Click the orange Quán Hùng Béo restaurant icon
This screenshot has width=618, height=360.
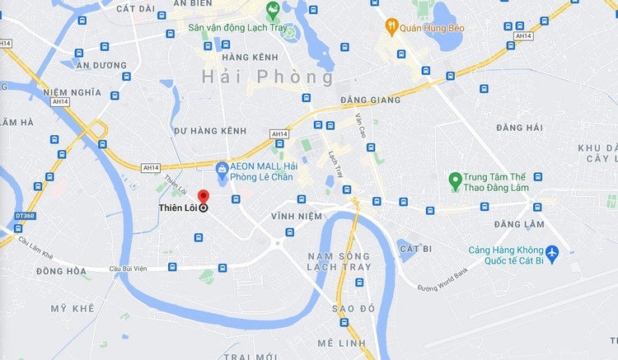coord(392,28)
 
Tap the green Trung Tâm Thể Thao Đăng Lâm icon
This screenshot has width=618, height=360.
coord(454,178)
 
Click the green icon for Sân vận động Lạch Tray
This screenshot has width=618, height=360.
coord(273,11)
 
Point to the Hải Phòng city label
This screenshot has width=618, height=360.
coord(268,77)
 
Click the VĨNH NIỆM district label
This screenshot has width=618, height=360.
coord(296,216)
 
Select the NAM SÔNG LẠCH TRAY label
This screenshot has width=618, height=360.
coord(339,262)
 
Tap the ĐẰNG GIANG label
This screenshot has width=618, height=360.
coord(370,101)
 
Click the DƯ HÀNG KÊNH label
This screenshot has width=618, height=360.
coord(210,131)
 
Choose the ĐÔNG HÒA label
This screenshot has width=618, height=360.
coord(61,271)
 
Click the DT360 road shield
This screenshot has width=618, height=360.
coord(26,216)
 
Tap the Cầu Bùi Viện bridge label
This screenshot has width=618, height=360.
coord(129,269)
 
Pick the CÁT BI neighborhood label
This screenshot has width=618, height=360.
coord(415,247)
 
